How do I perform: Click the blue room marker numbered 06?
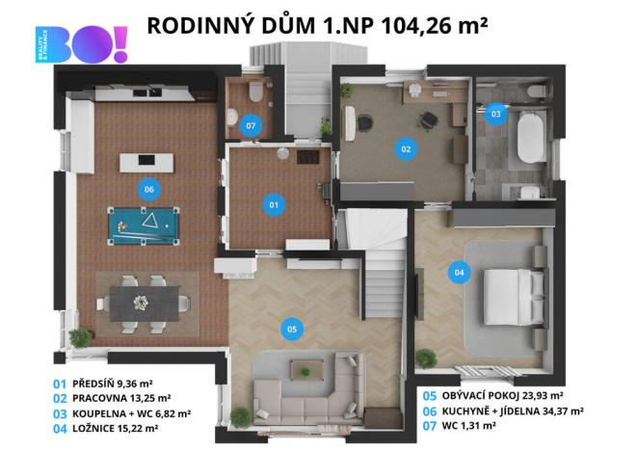[x=148, y=189]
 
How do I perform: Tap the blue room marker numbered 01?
[x=273, y=204]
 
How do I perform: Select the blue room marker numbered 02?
[x=406, y=148]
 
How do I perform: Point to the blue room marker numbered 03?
[x=495, y=115]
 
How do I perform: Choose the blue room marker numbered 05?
[x=292, y=329]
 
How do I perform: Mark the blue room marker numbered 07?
[x=251, y=125]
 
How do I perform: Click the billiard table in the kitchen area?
[x=144, y=226]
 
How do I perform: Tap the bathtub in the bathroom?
[x=531, y=139]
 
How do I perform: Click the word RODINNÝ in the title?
[x=197, y=25]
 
